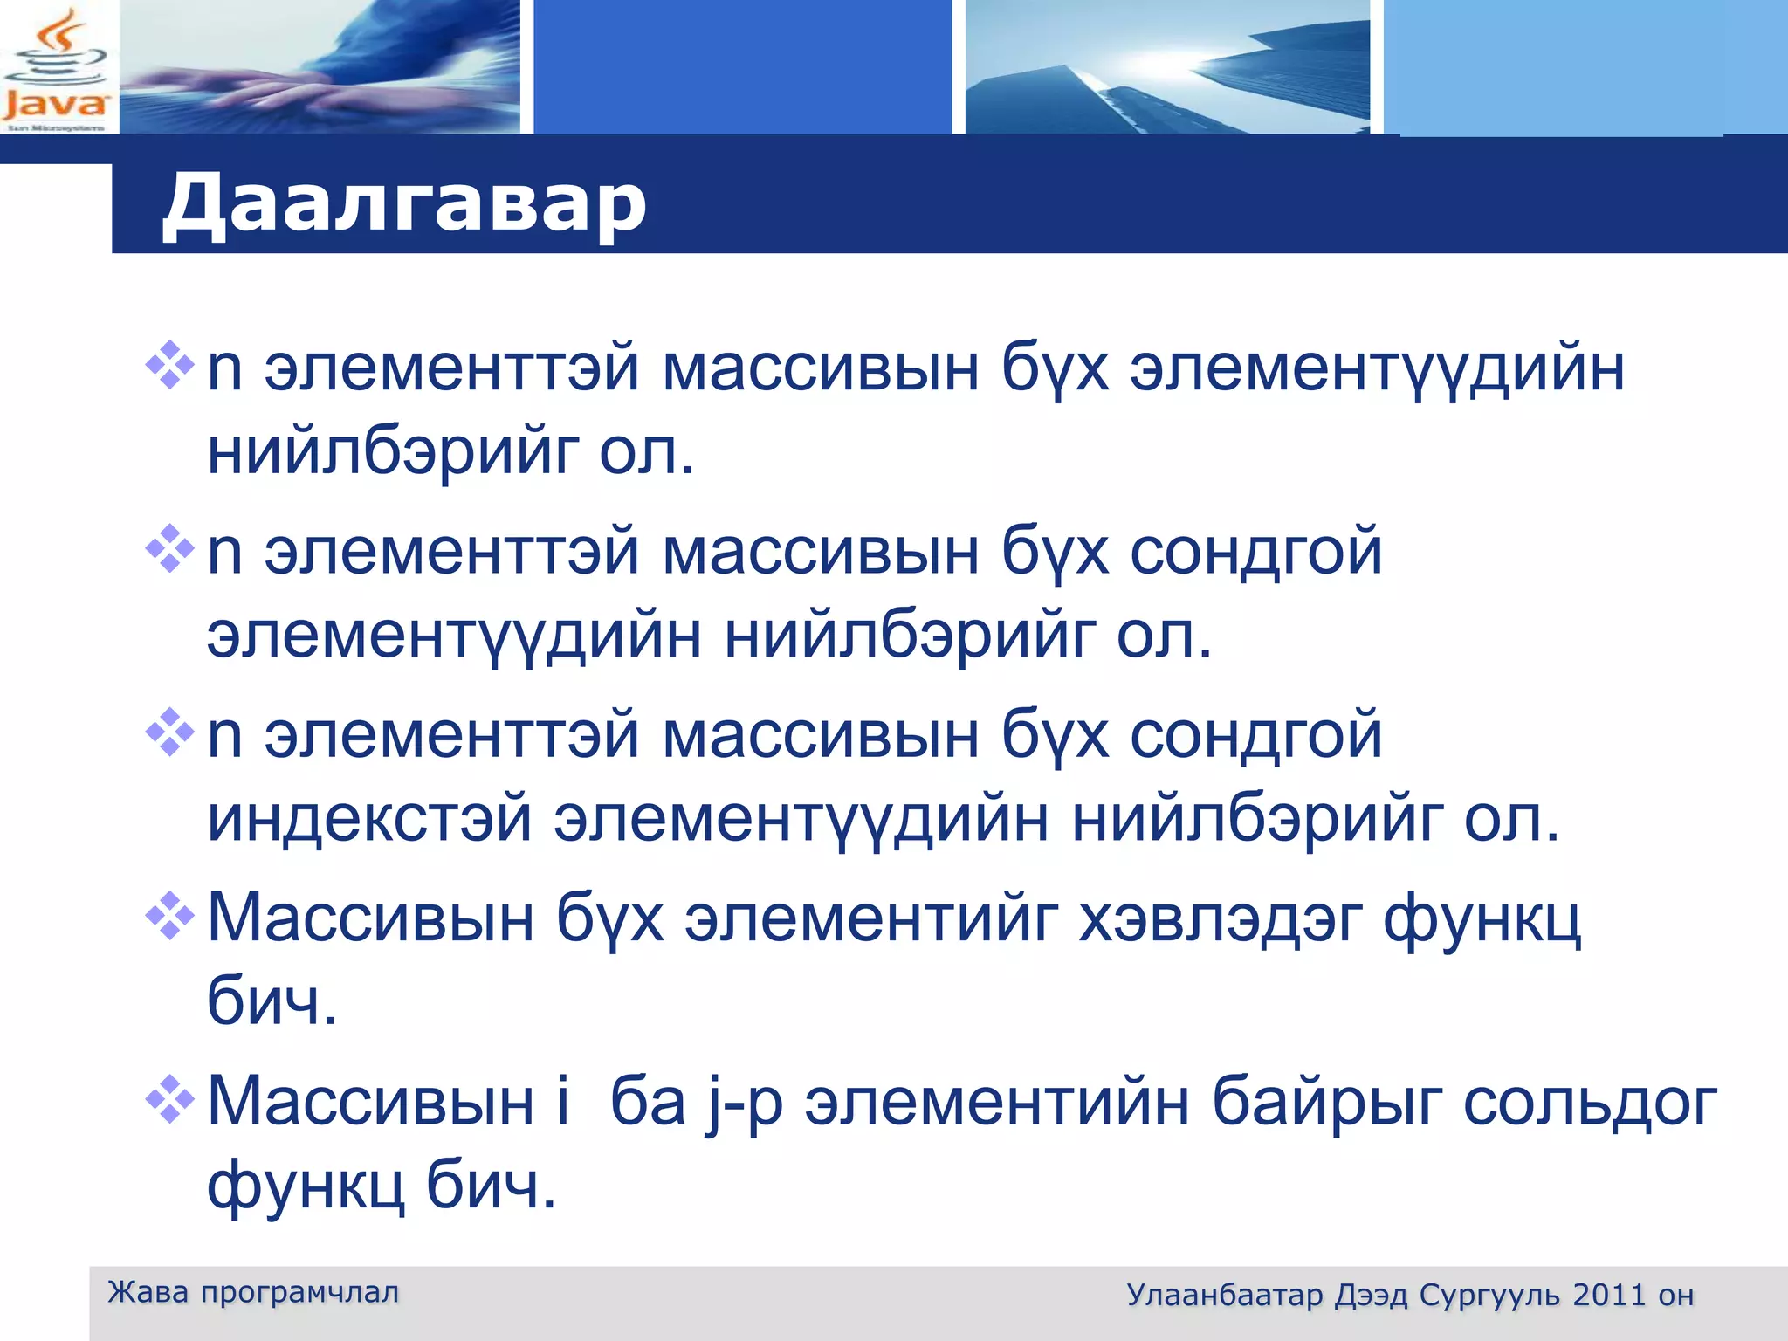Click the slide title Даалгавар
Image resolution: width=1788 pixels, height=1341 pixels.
point(404,203)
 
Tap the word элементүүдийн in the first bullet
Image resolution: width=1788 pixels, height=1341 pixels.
point(1377,369)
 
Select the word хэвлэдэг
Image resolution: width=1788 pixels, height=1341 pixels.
point(1220,919)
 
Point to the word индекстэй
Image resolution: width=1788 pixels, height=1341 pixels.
point(369,819)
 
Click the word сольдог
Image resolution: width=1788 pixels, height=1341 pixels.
point(1589,1103)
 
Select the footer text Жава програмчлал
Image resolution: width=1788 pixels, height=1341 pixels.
point(253,1292)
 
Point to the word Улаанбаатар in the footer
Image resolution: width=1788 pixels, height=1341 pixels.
point(1225,1295)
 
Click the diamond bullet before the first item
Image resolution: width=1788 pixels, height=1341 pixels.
point(169,365)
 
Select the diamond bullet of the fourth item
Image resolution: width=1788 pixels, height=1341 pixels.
point(169,916)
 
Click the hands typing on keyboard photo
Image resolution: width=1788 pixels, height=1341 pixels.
point(320,67)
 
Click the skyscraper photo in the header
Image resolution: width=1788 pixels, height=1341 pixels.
point(1167,67)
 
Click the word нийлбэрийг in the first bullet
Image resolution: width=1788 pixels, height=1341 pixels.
point(393,452)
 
